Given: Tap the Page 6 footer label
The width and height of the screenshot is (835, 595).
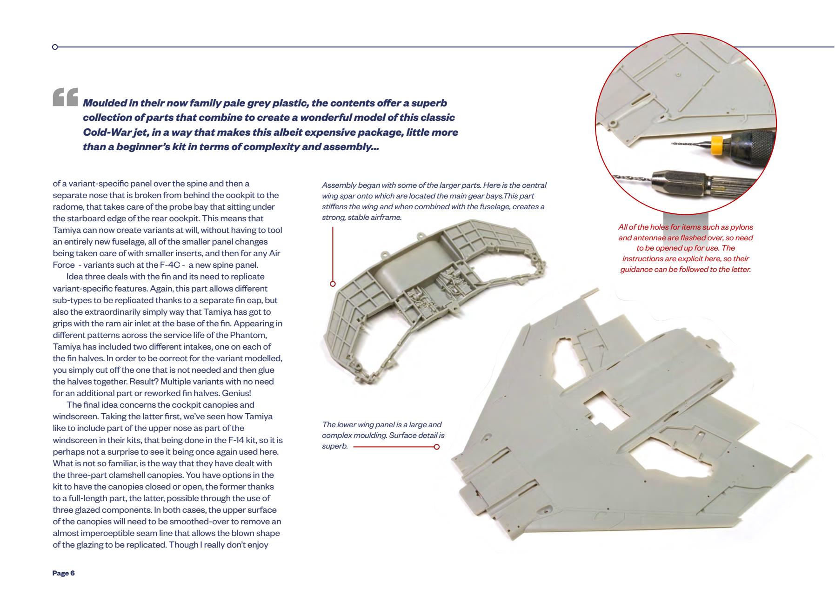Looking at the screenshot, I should pyautogui.click(x=64, y=573).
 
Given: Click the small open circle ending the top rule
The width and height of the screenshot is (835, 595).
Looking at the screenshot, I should pyautogui.click(x=55, y=47).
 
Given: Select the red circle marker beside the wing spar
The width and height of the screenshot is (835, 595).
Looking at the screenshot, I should pyautogui.click(x=333, y=284).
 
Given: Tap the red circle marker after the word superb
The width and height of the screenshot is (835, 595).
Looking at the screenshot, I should pyautogui.click(x=436, y=447).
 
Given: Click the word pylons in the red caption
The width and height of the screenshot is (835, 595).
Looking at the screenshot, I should pyautogui.click(x=739, y=227).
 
